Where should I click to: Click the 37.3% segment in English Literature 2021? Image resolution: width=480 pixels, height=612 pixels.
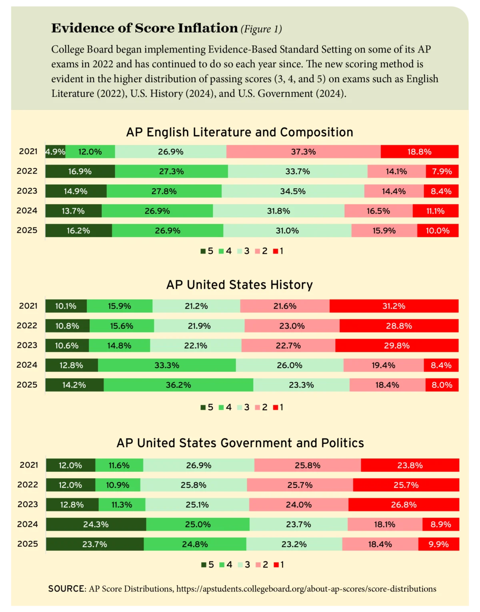(x=303, y=152)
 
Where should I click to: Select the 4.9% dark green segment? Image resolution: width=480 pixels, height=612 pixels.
(x=55, y=152)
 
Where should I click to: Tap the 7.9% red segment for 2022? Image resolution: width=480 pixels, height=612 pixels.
(x=442, y=171)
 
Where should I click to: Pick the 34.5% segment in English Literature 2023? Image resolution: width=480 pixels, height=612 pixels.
(x=293, y=191)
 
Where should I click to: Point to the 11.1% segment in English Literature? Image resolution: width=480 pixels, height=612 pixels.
(x=436, y=211)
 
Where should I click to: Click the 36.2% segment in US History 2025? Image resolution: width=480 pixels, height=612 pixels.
(x=178, y=385)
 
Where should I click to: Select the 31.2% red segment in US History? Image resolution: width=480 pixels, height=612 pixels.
(x=394, y=306)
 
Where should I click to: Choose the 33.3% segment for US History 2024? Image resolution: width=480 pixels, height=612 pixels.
(x=167, y=365)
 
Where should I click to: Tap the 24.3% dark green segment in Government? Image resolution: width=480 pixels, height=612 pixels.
(x=96, y=524)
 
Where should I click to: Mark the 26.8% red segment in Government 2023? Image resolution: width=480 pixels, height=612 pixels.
(x=404, y=505)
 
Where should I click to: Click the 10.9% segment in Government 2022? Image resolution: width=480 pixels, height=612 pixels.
(x=118, y=485)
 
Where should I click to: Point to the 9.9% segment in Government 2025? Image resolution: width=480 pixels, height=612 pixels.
(x=439, y=544)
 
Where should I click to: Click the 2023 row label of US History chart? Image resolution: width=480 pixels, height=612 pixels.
(x=27, y=345)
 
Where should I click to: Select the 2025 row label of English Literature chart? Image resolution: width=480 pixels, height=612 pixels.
(x=27, y=230)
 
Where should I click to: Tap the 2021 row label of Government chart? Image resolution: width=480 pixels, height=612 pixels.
(x=29, y=465)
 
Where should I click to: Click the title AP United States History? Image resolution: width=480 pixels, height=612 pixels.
(x=240, y=285)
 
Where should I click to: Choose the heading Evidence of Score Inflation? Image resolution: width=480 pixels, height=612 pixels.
(x=144, y=28)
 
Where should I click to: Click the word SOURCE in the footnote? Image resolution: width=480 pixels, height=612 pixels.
(x=66, y=589)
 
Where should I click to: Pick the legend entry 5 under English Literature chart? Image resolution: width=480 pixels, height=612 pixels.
(x=207, y=251)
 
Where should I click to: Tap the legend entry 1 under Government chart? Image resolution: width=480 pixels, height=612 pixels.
(x=279, y=565)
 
